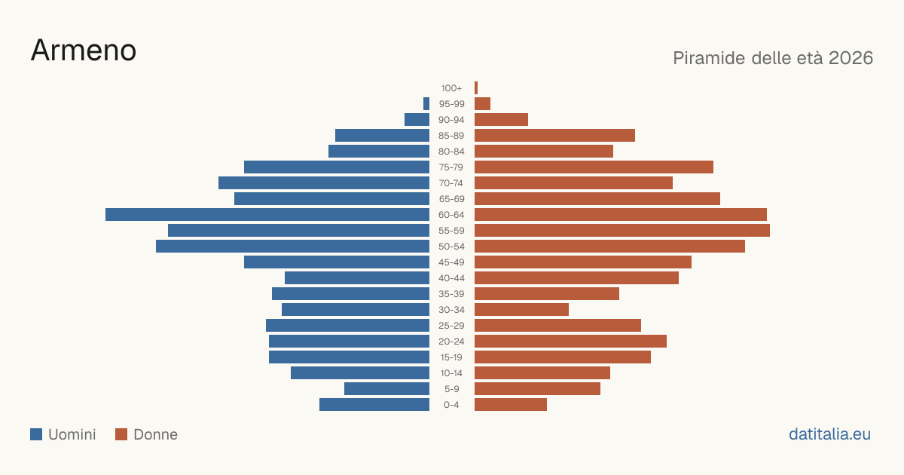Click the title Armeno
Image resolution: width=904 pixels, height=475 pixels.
84,51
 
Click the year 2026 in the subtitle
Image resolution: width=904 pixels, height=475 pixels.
851,58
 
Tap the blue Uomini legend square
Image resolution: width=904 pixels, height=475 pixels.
36,434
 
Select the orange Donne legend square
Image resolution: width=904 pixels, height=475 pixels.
121,434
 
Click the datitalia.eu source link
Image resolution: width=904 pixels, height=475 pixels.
829,434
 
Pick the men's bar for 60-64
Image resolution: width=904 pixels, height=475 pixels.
267,214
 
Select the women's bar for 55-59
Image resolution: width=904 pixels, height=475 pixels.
622,230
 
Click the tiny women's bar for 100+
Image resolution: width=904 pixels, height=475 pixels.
476,87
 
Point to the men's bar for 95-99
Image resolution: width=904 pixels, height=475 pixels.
426,104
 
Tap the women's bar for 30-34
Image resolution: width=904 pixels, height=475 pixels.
521,309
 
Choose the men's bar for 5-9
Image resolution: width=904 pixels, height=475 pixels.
386,388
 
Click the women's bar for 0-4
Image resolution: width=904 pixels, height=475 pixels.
511,404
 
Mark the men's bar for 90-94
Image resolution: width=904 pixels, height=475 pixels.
417,120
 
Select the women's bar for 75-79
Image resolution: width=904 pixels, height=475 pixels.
594,167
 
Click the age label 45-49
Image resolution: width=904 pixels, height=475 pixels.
451,262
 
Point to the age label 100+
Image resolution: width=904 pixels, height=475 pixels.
451,88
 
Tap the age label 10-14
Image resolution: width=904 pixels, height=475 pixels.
451,372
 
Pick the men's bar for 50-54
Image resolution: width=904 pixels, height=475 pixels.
292,246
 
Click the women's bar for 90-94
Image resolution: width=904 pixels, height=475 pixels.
501,120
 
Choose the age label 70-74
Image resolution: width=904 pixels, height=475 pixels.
450,183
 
